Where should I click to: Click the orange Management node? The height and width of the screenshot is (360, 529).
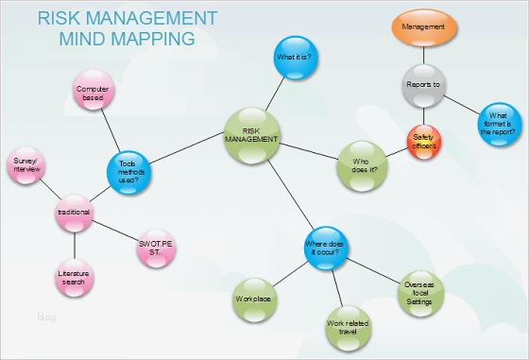click(423, 27)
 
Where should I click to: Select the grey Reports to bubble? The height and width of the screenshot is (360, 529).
click(423, 85)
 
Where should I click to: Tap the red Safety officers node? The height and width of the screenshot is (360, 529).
click(423, 142)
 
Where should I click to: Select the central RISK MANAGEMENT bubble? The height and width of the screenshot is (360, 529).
click(252, 135)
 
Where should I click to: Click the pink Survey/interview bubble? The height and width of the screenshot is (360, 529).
click(26, 164)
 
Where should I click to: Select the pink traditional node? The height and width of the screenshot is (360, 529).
click(73, 214)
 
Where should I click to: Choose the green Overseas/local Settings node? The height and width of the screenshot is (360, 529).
click(418, 291)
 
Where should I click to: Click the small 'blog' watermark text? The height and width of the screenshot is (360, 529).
click(46, 317)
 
